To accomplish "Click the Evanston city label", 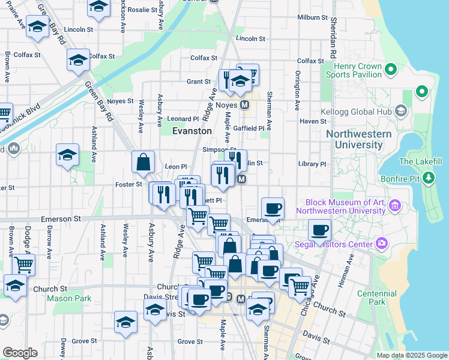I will click(191, 131).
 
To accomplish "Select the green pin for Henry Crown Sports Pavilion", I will click(391, 70).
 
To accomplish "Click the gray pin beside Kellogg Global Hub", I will click(402, 111).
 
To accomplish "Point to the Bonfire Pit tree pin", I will click(428, 178).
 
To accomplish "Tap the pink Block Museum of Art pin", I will click(394, 206).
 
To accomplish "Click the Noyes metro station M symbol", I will click(244, 104).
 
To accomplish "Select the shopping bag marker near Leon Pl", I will click(143, 162).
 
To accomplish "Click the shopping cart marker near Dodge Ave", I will click(23, 264).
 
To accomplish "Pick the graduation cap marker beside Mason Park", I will click(15, 284).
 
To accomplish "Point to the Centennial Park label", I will click(372, 298).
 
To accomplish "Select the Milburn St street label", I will click(312, 17).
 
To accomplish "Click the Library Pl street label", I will click(312, 164).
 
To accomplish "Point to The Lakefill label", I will click(420, 161).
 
